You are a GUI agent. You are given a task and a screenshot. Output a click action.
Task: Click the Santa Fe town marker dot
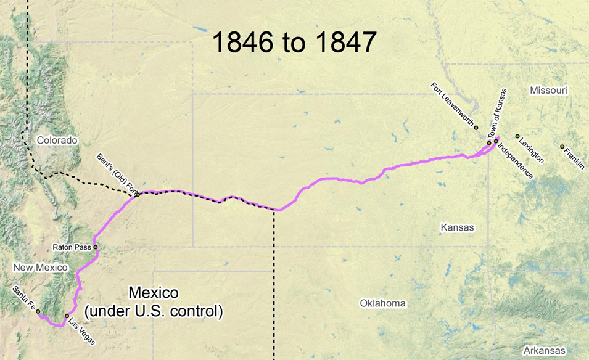(x=38, y=311)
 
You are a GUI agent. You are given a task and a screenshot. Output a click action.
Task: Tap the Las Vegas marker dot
(x=67, y=316)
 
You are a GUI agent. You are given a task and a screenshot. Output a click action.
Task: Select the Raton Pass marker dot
(x=96, y=247)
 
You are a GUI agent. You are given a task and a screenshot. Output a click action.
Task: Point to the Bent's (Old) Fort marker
(x=138, y=195)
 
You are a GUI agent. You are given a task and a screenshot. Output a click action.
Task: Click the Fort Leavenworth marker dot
(x=476, y=128)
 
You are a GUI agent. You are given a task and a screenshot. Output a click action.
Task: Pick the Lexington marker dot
(x=517, y=136)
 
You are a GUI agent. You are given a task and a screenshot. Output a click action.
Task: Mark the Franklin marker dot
(x=562, y=147)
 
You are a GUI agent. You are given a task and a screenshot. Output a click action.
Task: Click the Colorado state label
(x=57, y=141)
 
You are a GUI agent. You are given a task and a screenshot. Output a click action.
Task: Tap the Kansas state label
(x=457, y=227)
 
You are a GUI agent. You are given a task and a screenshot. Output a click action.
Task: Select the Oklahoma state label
(x=383, y=303)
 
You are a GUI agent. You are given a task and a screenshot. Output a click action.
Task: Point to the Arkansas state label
(x=543, y=350)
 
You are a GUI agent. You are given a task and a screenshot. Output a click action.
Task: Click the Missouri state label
(x=548, y=91)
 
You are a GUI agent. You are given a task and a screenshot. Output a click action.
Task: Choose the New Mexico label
(x=39, y=268)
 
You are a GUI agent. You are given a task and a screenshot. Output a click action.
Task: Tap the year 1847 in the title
(x=344, y=43)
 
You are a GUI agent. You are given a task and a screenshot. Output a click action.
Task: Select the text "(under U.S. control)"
(x=153, y=311)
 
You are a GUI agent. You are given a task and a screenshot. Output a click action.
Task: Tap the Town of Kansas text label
(x=493, y=120)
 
